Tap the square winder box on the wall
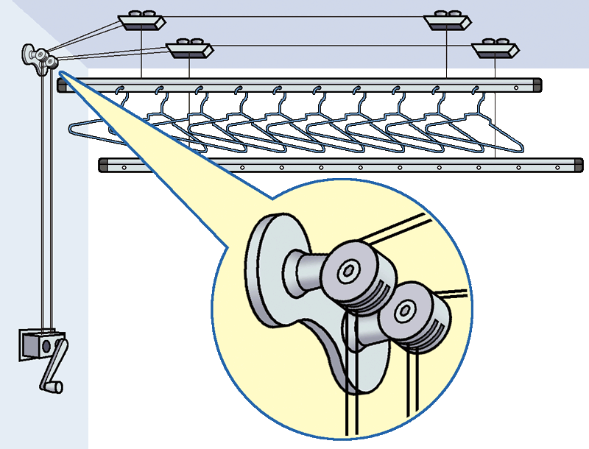coord(38,343)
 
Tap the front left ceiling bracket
coord(189,50)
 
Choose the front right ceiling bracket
coord(495,50)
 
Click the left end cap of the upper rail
coord(60,85)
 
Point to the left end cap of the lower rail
coord(104,166)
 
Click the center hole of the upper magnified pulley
coord(347,272)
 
